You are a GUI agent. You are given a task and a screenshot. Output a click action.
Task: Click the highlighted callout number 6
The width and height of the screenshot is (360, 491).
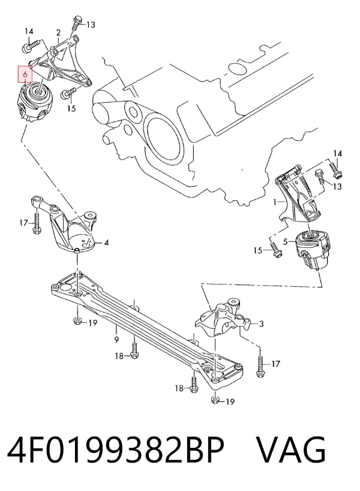(x=25, y=74)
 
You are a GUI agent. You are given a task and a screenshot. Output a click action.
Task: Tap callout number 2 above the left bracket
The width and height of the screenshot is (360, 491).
(x=59, y=32)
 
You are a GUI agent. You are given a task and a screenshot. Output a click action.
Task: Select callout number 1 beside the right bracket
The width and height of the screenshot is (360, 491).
(x=275, y=202)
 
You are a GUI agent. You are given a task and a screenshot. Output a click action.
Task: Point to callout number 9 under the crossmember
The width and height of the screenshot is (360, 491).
(x=116, y=339)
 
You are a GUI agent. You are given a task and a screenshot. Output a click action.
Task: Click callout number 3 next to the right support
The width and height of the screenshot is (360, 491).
(x=262, y=324)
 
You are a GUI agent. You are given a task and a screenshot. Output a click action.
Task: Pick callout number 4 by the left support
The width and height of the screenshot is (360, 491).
(x=106, y=242)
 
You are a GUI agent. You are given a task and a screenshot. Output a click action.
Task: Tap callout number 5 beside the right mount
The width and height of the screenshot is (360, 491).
(x=285, y=241)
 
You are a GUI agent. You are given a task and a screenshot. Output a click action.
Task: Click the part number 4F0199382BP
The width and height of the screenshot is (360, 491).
(x=116, y=450)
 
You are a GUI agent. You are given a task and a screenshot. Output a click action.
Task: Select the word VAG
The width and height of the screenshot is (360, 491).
(x=291, y=450)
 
